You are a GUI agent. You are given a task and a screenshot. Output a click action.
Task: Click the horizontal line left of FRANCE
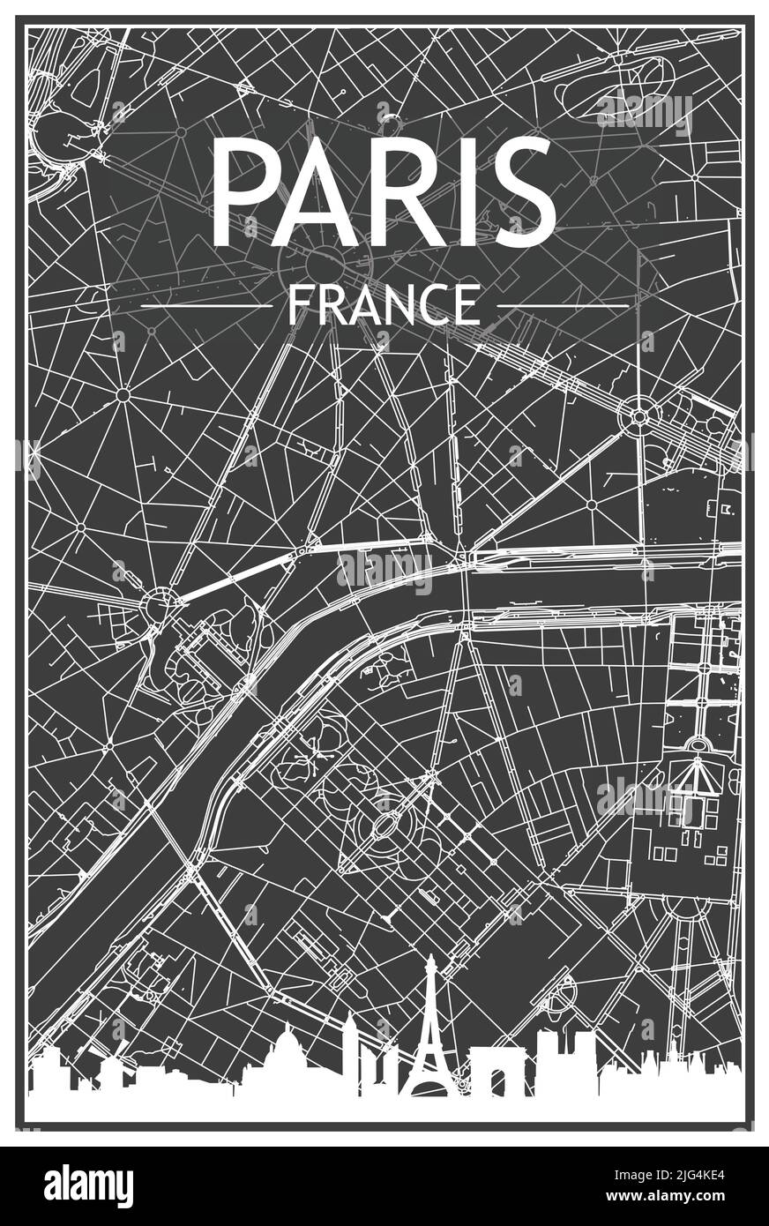pos(206,306)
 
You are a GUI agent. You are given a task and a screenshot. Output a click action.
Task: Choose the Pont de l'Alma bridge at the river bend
pos(459,587)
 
